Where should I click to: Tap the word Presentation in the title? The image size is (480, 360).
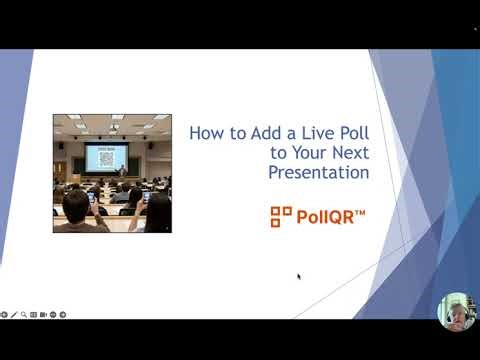[x=319, y=172]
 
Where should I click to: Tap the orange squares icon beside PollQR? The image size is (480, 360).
[x=281, y=216]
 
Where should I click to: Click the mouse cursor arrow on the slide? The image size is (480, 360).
[x=299, y=277]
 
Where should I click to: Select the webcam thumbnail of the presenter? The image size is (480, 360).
[x=456, y=311]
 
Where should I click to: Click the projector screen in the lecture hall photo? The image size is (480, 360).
[x=106, y=157]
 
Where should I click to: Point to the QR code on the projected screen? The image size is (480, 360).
[x=107, y=158]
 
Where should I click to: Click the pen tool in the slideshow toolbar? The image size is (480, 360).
[x=13, y=314]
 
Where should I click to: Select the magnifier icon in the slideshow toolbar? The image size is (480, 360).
[x=23, y=314]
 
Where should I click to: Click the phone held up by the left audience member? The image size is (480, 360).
[x=92, y=197]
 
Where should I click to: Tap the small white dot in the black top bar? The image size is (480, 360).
[x=474, y=27]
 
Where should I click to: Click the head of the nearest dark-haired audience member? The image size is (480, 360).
[x=76, y=205]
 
